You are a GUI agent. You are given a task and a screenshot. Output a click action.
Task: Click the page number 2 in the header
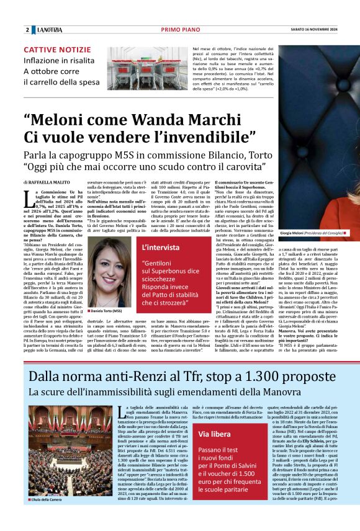[27, 30]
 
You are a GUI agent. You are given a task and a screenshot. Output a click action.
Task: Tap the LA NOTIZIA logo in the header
[50, 30]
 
